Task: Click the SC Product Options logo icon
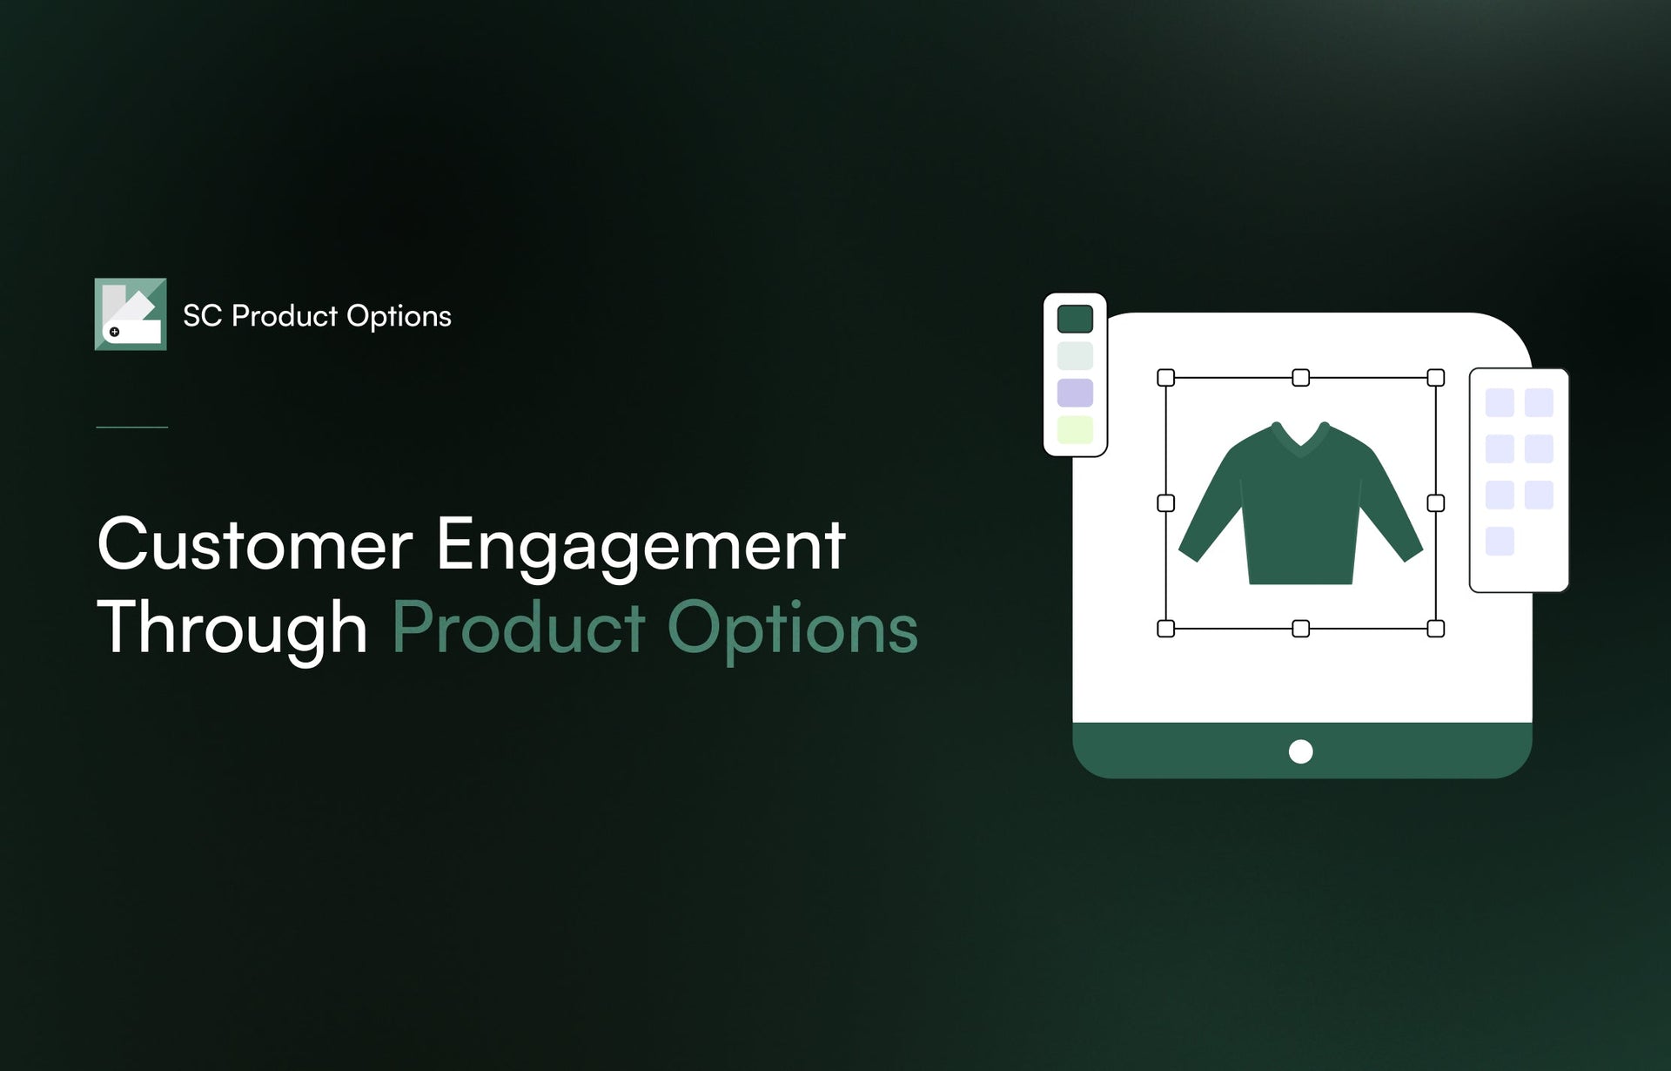pyautogui.click(x=131, y=314)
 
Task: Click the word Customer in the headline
pyautogui.click(x=254, y=546)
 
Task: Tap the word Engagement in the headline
pyautogui.click(x=641, y=546)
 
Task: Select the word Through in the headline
pyautogui.click(x=232, y=629)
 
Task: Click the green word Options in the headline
pyautogui.click(x=792, y=629)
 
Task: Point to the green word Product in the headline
pyautogui.click(x=519, y=629)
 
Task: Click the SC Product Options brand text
pyautogui.click(x=317, y=316)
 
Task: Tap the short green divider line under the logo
pyautogui.click(x=131, y=427)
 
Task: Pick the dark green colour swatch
pyautogui.click(x=1075, y=320)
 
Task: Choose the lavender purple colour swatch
pyautogui.click(x=1075, y=393)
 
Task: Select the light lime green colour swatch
pyautogui.click(x=1075, y=429)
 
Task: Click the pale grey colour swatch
pyautogui.click(x=1075, y=356)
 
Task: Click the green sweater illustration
pyautogui.click(x=1300, y=514)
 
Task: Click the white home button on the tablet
pyautogui.click(x=1300, y=751)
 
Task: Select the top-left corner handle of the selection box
pyautogui.click(x=1166, y=378)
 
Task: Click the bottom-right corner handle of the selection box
pyautogui.click(x=1436, y=629)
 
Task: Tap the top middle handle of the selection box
pyautogui.click(x=1300, y=378)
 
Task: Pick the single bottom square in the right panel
pyautogui.click(x=1499, y=541)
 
